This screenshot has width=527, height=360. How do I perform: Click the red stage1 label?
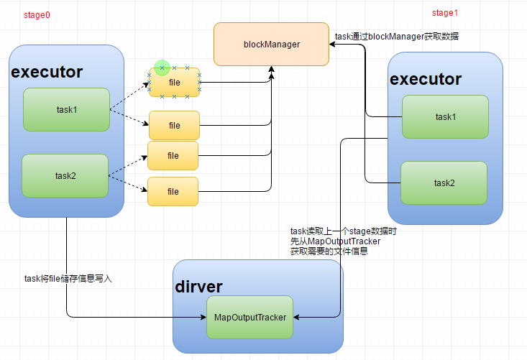point(444,13)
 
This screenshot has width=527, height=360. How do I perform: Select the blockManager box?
point(271,45)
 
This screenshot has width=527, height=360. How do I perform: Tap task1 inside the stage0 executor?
point(65,110)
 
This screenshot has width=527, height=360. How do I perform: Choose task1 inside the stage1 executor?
point(445,116)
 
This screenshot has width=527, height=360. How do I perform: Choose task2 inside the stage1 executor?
point(444,183)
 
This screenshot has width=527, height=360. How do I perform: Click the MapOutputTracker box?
point(250,317)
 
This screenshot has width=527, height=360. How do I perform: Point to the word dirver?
point(198,287)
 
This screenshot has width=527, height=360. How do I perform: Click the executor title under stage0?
point(47,73)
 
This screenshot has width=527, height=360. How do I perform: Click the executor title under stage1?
point(425,79)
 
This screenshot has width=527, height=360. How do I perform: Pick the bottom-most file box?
point(173,192)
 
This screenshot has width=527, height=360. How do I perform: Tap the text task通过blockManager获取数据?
point(396,36)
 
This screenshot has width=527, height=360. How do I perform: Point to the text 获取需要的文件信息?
point(329,251)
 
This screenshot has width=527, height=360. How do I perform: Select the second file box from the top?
point(174,126)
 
